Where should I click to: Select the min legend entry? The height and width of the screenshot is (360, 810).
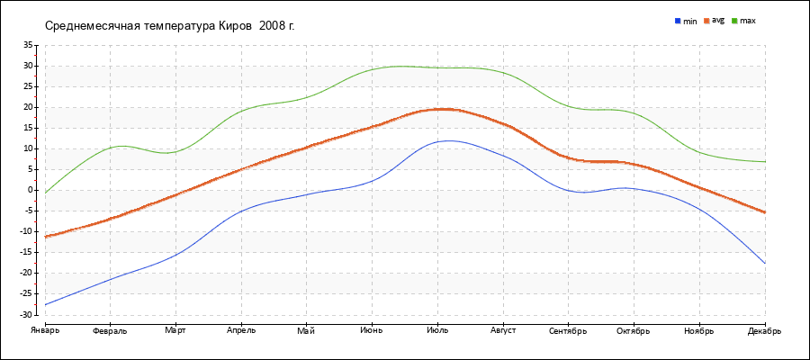coord(686,21)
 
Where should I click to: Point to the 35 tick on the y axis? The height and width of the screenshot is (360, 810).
coord(28,45)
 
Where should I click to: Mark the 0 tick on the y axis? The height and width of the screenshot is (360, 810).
coord(30,191)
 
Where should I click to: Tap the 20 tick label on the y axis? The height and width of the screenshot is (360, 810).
coord(28,107)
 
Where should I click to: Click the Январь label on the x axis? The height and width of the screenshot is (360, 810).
coord(44,331)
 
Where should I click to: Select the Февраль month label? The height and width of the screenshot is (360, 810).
coord(110,331)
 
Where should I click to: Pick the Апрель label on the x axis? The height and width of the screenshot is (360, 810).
coord(241,331)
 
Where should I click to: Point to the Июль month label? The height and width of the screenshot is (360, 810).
coord(437,331)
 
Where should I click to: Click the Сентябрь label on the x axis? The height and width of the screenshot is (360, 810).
coord(568,331)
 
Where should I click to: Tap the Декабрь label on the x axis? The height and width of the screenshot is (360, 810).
coord(765,331)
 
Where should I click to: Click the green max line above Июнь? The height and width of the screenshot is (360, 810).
coord(372,69)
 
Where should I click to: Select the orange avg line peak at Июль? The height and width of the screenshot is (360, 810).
coord(439,109)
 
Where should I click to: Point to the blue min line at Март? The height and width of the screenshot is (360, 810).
coord(175,254)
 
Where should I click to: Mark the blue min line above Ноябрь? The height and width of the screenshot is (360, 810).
coord(699,208)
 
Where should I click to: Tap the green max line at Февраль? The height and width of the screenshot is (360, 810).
coord(110,147)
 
